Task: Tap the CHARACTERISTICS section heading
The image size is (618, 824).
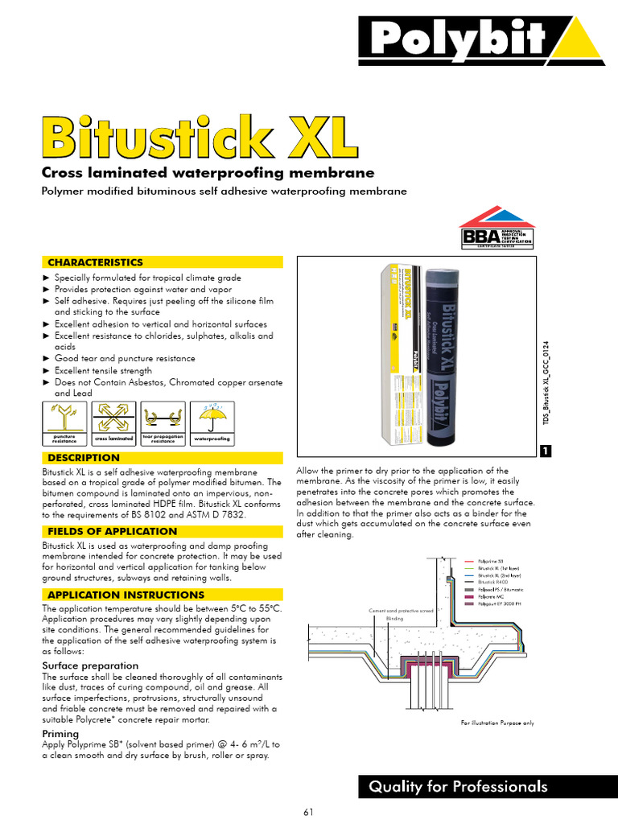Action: coord(95,262)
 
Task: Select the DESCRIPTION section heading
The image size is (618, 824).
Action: coord(84,458)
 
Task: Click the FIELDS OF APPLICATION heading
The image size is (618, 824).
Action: coord(112,531)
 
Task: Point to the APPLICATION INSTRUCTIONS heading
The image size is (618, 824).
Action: coord(126,595)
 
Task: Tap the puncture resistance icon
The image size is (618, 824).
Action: coord(64,418)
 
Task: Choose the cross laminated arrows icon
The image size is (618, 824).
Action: coord(113,418)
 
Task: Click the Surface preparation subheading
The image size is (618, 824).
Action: coord(90,665)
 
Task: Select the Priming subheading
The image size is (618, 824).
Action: coord(60,734)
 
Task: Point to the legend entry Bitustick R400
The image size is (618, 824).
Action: coord(495,581)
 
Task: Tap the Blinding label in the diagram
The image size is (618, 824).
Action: coord(394,618)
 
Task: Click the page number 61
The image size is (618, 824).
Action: coord(308,811)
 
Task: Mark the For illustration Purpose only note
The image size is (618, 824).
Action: coord(496,723)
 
